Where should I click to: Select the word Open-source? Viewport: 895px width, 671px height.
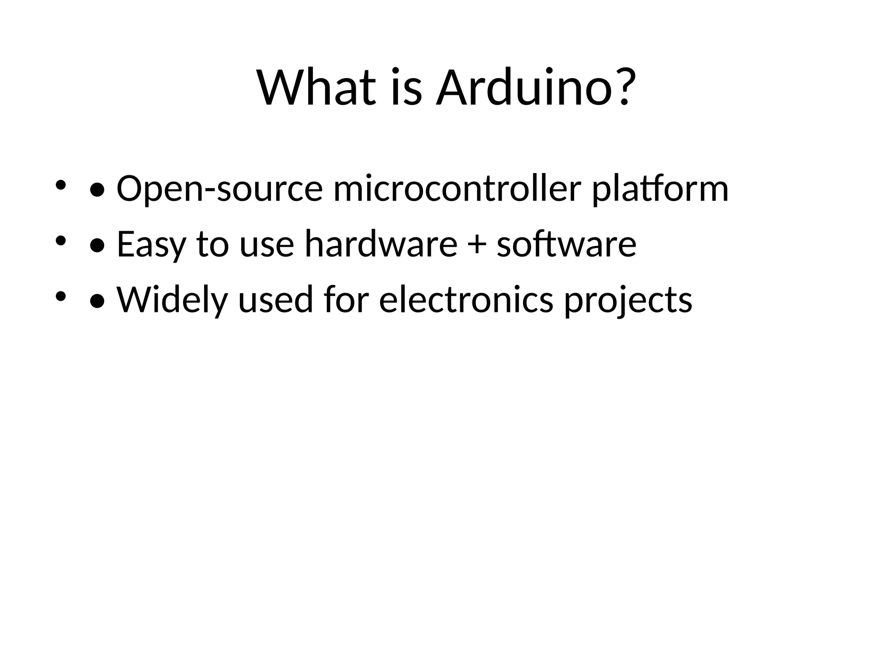[219, 189]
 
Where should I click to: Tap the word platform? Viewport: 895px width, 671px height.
[660, 190]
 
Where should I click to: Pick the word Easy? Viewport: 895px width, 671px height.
[151, 245]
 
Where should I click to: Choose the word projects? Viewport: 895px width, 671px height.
[628, 301]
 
